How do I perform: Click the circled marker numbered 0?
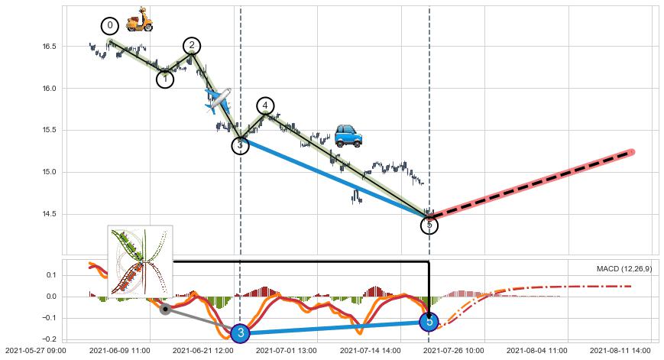point(110,26)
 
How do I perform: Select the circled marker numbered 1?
point(165,79)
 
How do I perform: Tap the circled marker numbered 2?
point(192,46)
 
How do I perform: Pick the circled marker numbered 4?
point(265,105)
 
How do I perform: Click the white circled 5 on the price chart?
point(429,225)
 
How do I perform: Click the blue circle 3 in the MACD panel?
point(240,333)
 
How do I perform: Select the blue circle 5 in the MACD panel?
point(429,323)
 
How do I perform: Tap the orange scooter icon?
point(139,20)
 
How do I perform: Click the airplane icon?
point(218,100)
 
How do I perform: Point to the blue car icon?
point(348,136)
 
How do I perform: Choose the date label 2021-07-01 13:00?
point(286,351)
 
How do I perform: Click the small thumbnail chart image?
point(140,260)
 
